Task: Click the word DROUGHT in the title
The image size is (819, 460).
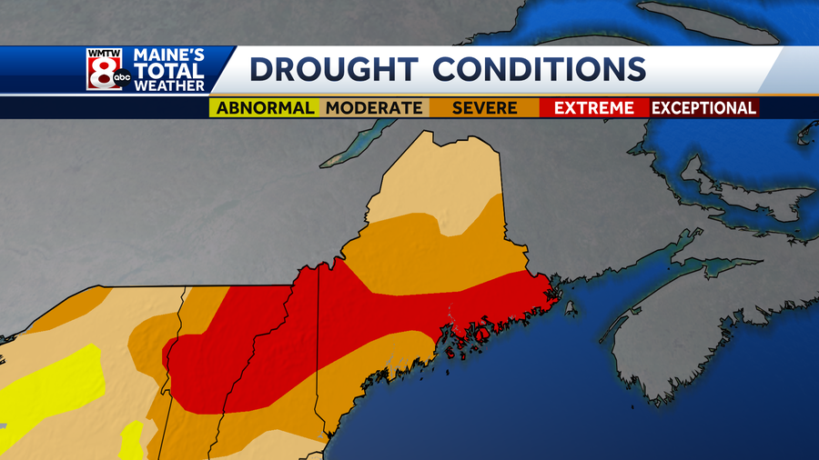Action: pyautogui.click(x=333, y=69)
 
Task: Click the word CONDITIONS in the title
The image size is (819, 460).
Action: pyautogui.click(x=539, y=69)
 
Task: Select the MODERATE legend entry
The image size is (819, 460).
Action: pyautogui.click(x=374, y=107)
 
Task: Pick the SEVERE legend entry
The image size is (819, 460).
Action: pyautogui.click(x=485, y=107)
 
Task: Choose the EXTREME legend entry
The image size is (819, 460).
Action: pyautogui.click(x=594, y=107)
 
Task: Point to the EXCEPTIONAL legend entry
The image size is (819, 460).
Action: pyautogui.click(x=704, y=107)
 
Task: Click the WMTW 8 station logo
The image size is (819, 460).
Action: pyautogui.click(x=105, y=69)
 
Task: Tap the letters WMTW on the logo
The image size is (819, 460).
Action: pyautogui.click(x=103, y=54)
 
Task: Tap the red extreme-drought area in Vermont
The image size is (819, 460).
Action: pyautogui.click(x=205, y=359)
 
